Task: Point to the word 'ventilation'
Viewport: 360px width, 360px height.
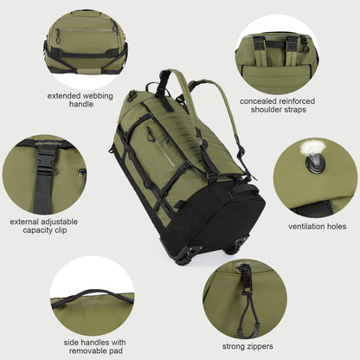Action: [304, 227]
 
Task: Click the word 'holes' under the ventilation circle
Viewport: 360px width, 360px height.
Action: [340, 227]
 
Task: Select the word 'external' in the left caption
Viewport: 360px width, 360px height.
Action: [28, 221]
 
